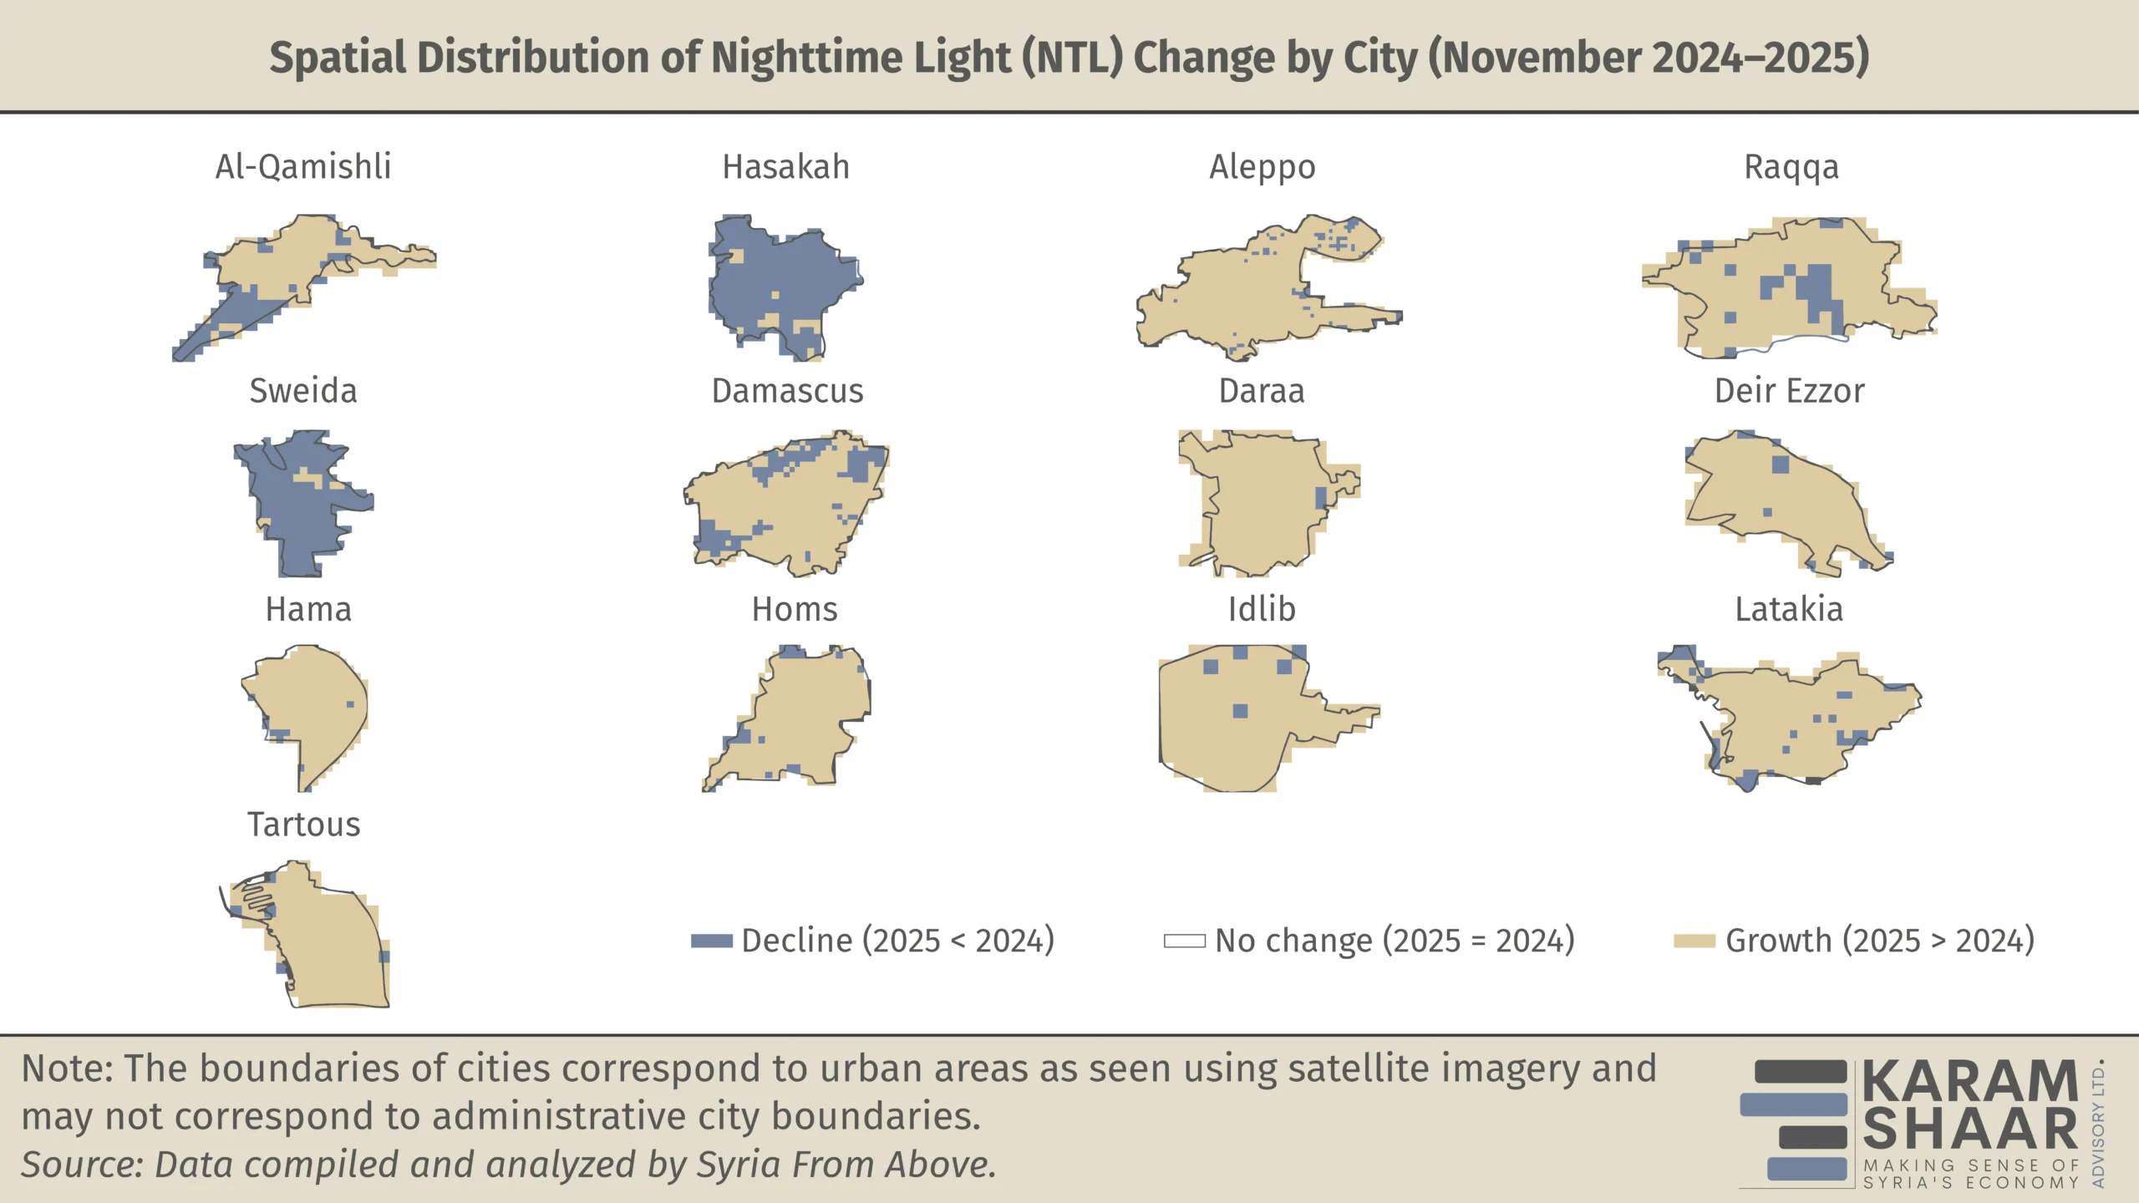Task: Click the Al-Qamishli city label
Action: coord(303,167)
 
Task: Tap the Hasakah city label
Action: coord(785,167)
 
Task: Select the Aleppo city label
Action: coord(1262,167)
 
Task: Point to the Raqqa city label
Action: coord(1791,167)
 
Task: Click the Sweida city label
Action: coord(303,391)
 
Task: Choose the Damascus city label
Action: coord(787,391)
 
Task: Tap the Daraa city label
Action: coord(1262,391)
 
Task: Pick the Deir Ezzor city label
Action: coord(1790,391)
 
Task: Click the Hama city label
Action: coord(308,610)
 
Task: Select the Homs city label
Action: coord(795,610)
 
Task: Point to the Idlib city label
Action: coord(1262,610)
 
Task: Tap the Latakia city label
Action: coord(1789,610)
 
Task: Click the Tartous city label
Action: coord(304,825)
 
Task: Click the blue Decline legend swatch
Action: coord(712,941)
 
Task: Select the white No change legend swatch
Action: coord(1185,941)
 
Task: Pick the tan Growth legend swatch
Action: coord(1694,941)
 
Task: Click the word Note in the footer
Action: coord(67,1068)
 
